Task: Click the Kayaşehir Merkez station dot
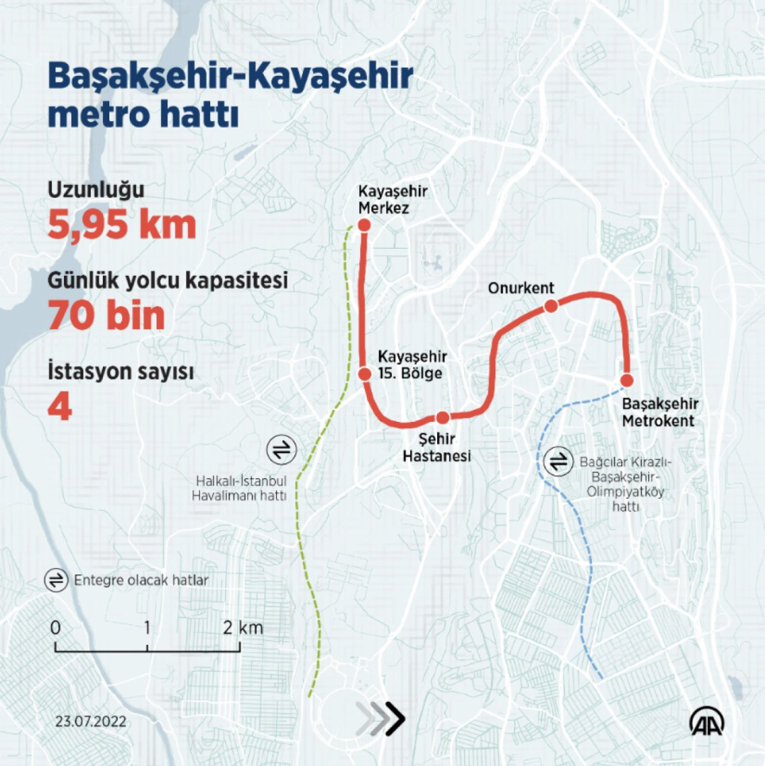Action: tap(364, 226)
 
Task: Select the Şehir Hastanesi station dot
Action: tap(442, 417)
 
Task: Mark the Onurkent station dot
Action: tap(550, 306)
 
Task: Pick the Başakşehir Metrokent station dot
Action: tap(627, 380)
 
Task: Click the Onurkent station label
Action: tap(521, 288)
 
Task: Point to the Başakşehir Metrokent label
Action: tap(660, 412)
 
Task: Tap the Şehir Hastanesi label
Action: tap(436, 448)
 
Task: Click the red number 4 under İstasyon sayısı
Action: tap(60, 408)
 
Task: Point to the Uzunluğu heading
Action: tap(96, 190)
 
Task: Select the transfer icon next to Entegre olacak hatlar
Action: tap(55, 580)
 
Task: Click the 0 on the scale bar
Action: tap(55, 628)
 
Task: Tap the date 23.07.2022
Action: tap(91, 721)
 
